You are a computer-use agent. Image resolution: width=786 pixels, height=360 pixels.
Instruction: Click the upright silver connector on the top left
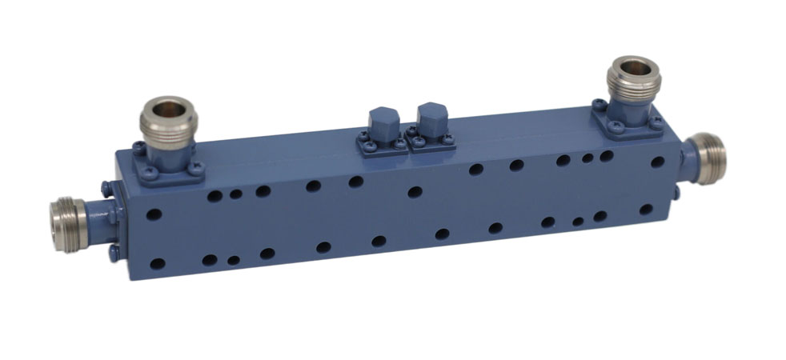point(164,124)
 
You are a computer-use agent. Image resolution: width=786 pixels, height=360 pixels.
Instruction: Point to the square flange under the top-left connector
point(169,166)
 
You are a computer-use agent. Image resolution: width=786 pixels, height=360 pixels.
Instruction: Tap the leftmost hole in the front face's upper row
point(155,214)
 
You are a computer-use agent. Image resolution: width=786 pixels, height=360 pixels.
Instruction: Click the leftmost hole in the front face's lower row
point(158,263)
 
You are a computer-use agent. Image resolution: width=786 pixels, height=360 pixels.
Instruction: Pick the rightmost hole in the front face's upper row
point(657,161)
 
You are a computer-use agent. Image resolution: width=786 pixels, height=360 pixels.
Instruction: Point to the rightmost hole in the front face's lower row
point(646,210)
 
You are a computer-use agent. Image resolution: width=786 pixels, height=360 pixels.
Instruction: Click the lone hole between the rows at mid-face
point(415,192)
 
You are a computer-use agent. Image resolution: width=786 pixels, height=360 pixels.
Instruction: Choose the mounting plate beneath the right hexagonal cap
point(432,142)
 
